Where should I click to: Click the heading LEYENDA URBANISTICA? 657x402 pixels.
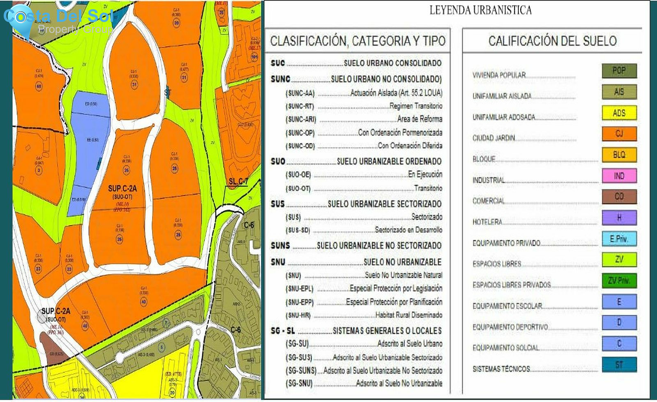pyautogui.click(x=480, y=10)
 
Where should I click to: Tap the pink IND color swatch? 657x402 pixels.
pyautogui.click(x=619, y=176)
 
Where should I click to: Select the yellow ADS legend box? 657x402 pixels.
pyautogui.click(x=619, y=113)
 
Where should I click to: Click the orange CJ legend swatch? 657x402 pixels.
pyautogui.click(x=619, y=134)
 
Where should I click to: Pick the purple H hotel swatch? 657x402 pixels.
pyautogui.click(x=619, y=218)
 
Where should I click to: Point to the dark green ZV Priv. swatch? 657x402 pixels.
pyautogui.click(x=619, y=281)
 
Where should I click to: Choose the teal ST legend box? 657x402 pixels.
pyautogui.click(x=619, y=365)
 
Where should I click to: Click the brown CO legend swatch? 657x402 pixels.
pyautogui.click(x=619, y=197)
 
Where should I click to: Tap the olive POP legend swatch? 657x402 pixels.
pyautogui.click(x=619, y=71)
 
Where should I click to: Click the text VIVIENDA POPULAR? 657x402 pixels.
pyautogui.click(x=499, y=75)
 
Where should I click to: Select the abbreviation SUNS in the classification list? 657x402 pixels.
pyautogui.click(x=280, y=246)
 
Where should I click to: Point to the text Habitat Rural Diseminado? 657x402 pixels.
pyautogui.click(x=408, y=315)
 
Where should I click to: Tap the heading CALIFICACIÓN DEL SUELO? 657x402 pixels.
pyautogui.click(x=552, y=41)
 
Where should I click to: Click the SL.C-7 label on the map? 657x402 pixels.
pyautogui.click(x=238, y=182)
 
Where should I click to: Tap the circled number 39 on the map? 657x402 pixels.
pyautogui.click(x=176, y=23)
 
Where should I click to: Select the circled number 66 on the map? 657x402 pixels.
pyautogui.click(x=39, y=86)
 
